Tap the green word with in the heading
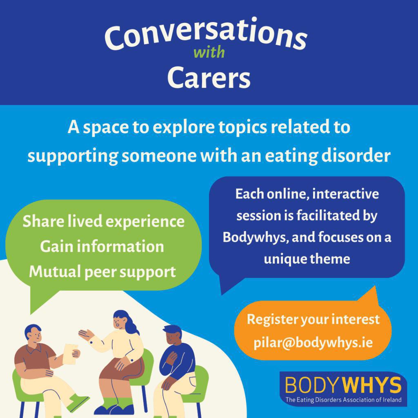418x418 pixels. [209, 53]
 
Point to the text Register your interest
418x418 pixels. [313, 319]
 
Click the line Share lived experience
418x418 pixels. [103, 222]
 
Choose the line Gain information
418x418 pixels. [102, 247]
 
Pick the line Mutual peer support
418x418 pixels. [102, 271]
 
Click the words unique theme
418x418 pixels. [307, 259]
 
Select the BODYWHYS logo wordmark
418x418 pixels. [343, 385]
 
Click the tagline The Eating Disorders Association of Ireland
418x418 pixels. [343, 399]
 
